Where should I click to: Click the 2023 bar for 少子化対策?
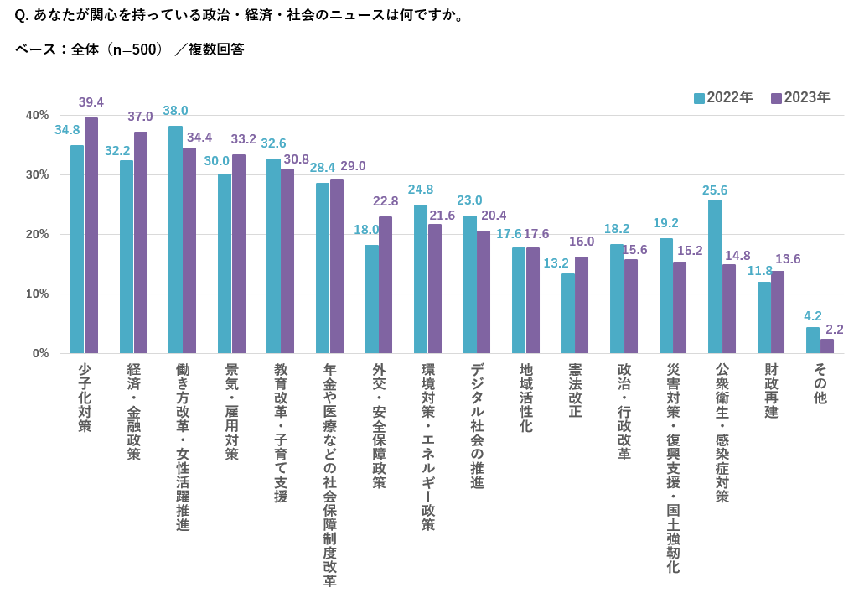pos(91,235)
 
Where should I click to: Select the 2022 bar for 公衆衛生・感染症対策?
pos(715,276)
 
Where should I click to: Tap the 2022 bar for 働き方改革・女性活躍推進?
pos(175,239)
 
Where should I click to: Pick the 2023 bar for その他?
pos(827,346)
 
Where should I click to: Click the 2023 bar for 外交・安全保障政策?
pos(386,284)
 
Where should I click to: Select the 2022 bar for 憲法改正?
pos(568,313)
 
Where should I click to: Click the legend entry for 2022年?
pos(723,97)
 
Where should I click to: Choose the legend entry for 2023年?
pos(800,97)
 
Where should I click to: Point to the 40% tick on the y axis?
pos(37,115)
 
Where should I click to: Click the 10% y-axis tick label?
pos(37,294)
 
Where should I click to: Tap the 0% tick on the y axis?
pos(40,353)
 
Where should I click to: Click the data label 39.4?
pos(91,102)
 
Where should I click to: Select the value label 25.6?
pos(715,190)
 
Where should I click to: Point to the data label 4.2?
pos(813,316)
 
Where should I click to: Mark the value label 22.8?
pos(386,201)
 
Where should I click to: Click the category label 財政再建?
pos(771,391)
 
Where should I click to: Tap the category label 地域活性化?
pos(525,398)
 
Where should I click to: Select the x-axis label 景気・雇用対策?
pos(231,411)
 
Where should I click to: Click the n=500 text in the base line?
pos(134,49)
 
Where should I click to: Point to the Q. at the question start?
pos(23,15)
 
